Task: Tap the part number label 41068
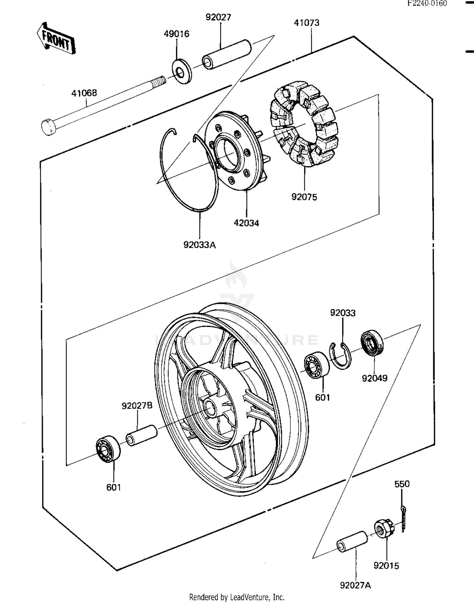click(84, 93)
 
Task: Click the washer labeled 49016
click(182, 71)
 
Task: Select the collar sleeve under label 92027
click(227, 54)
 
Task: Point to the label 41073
click(307, 23)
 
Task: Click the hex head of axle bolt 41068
click(48, 127)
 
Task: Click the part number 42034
click(246, 223)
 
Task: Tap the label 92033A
click(200, 245)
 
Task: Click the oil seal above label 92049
click(372, 343)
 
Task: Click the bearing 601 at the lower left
click(108, 449)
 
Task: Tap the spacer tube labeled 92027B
click(142, 435)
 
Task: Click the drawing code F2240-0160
click(427, 3)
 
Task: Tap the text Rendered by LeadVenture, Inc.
click(237, 597)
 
